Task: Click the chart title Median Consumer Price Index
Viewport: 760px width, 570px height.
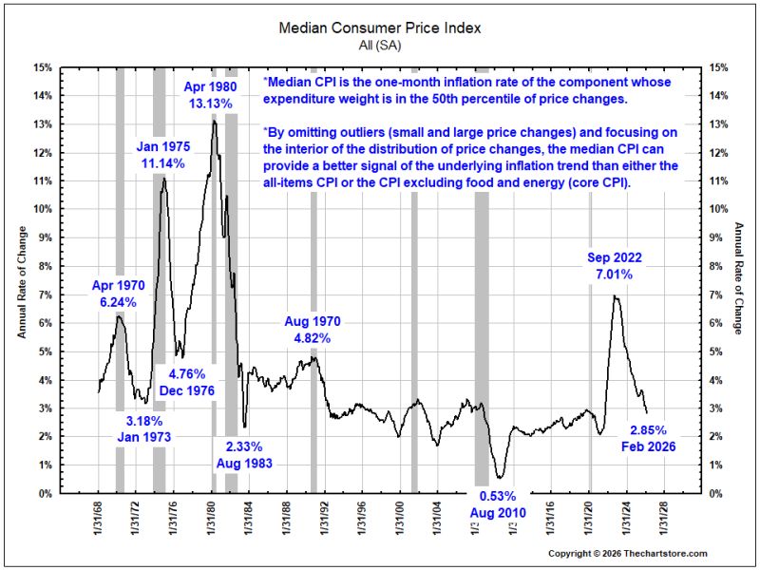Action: point(380,28)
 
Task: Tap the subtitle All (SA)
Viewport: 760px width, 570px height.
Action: point(380,45)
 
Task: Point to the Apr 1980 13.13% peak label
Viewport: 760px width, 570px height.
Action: point(210,95)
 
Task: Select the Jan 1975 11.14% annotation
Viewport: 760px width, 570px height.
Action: point(162,155)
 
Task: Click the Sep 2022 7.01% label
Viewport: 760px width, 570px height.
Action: point(614,266)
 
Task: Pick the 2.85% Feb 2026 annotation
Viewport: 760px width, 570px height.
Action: point(649,438)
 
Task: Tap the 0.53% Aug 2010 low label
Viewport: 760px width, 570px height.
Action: point(498,504)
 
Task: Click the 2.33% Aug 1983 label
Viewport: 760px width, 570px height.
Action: point(244,455)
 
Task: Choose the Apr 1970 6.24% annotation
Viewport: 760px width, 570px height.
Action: point(118,294)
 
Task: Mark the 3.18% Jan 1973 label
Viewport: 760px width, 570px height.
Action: point(144,428)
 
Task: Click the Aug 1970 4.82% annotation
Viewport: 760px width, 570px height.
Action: point(313,330)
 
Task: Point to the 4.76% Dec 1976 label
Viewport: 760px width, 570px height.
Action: point(186,382)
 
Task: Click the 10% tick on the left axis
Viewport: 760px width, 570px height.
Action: point(43,209)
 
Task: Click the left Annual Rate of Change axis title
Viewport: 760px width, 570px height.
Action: point(22,282)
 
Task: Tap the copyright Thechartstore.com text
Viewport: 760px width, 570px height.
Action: point(628,554)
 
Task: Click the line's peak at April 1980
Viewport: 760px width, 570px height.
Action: point(214,121)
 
